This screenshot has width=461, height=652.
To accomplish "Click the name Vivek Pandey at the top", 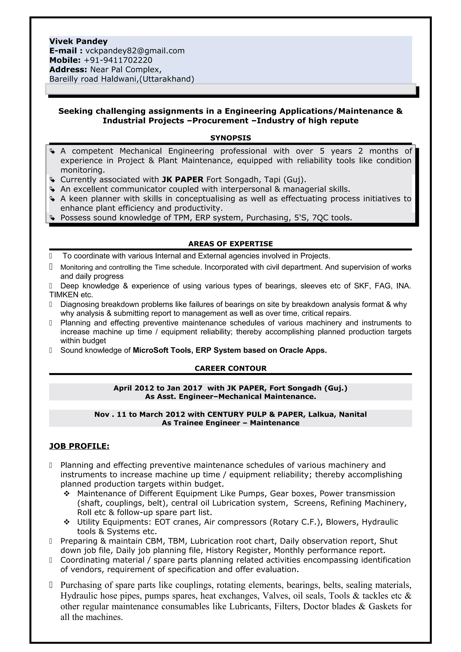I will pos(78,41).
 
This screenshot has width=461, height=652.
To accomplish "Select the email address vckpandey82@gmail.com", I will pos(135,51).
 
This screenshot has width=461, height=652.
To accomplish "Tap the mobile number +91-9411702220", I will pos(118,60).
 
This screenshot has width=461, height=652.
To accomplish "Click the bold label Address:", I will pos(68,70).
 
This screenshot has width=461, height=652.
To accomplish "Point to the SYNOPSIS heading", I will pos(230,138).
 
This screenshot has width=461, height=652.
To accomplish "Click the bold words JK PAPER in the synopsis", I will pos(183,180).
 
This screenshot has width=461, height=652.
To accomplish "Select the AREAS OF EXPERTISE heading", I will pos(230,244).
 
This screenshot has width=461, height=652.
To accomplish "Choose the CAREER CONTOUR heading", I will pos(230,369).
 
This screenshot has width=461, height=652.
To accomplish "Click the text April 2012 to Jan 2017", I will pos(158,388).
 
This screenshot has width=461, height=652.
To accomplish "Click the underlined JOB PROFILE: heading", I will pos(79,446).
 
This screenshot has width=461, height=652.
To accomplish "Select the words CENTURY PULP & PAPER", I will pos(256,415).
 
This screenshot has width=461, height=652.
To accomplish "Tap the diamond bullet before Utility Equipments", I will pos(67,522).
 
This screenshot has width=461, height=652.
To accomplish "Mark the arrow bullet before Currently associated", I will pos(52,180).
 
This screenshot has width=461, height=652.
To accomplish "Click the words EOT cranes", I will pos(177,522).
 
